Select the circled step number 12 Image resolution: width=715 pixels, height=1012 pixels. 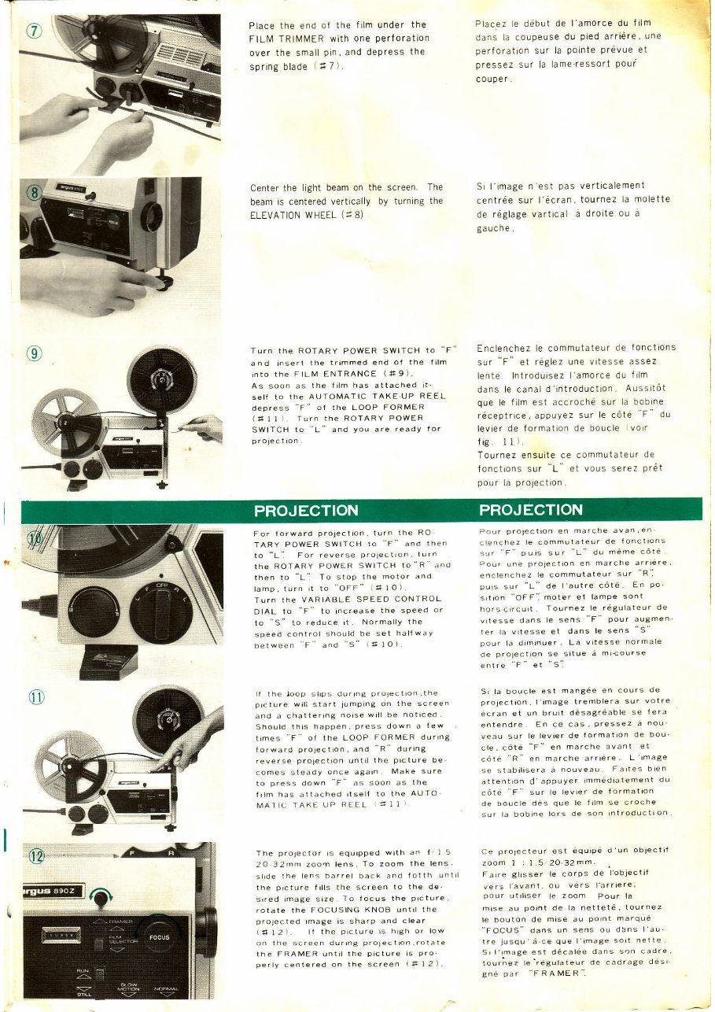[x=36, y=856]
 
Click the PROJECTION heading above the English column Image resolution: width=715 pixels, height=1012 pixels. [x=306, y=510]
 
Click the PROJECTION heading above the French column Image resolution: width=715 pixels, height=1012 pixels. [x=532, y=510]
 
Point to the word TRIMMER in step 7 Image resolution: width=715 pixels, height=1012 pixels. [x=301, y=37]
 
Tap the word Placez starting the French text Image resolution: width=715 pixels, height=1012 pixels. [x=492, y=24]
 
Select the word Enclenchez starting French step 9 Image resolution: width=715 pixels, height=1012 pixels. [x=507, y=347]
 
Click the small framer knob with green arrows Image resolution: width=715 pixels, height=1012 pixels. [x=103, y=896]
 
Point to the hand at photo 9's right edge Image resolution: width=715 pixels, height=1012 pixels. [x=205, y=427]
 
